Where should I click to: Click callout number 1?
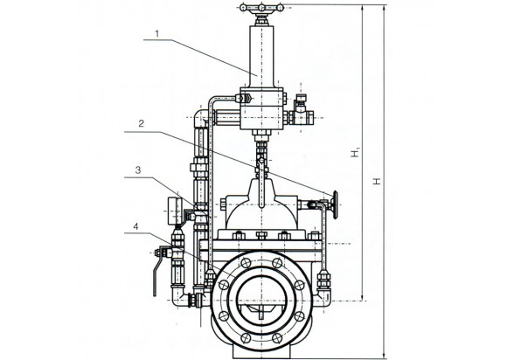click(x=157, y=34)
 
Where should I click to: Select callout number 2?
click(x=142, y=123)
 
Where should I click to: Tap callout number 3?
click(x=138, y=170)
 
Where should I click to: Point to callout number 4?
click(x=136, y=226)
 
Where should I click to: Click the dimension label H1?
click(x=355, y=152)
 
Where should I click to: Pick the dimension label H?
click(x=378, y=181)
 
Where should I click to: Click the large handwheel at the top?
click(x=261, y=7)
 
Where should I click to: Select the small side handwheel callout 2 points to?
click(x=335, y=204)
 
